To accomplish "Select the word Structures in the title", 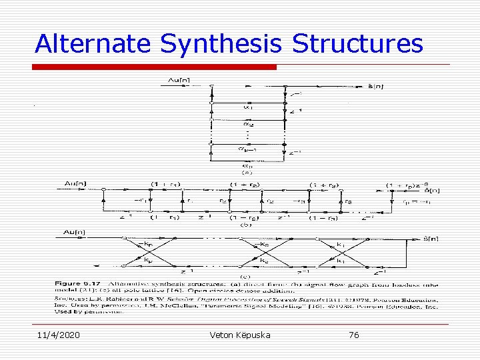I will tap(357, 43).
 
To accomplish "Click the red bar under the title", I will tap(155, 67).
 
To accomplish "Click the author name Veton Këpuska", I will tap(239, 335).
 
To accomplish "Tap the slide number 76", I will tap(353, 335).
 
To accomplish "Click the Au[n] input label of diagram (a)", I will tap(177, 81).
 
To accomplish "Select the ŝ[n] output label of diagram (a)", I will tap(376, 86).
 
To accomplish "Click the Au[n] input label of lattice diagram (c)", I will tap(74, 232).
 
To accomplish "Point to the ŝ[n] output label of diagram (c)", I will tap(431, 238).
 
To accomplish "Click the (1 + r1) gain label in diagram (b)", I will tap(165, 184).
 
